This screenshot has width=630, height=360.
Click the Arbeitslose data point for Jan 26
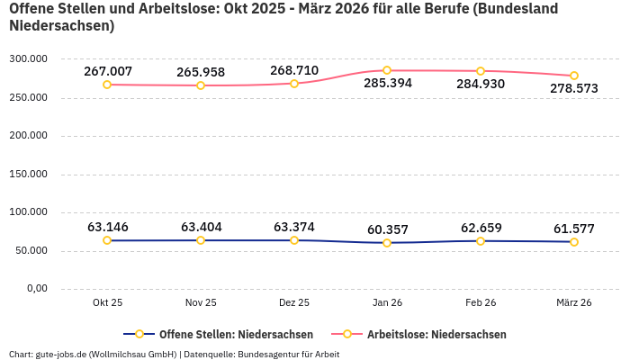coord(387,70)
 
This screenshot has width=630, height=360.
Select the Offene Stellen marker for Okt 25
coord(107,240)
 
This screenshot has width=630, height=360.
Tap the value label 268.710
coord(294,70)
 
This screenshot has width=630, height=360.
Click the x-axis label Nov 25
coord(200,303)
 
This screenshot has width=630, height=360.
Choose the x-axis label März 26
coord(573,303)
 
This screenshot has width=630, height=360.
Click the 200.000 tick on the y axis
coord(28,136)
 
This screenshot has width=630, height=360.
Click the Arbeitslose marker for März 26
coord(574,76)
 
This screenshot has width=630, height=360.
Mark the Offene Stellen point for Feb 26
coord(481,241)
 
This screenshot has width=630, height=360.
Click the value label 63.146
coord(107,227)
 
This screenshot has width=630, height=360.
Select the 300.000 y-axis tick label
coord(28,58)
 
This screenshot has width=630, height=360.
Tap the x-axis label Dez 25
coord(294,303)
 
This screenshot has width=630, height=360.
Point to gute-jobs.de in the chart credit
coord(59,354)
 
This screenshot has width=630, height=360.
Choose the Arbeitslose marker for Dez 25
coord(294,84)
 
